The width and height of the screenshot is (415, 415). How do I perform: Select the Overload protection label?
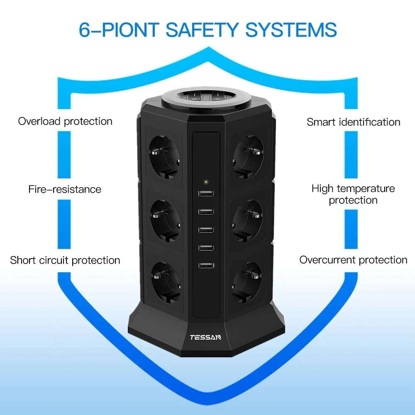[x=65, y=121]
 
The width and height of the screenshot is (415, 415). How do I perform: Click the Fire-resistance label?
[x=65, y=189]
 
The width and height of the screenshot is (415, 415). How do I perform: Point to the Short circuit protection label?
[x=65, y=260]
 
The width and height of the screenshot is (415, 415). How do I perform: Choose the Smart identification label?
[x=354, y=122]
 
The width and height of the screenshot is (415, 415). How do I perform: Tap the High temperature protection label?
[x=353, y=194]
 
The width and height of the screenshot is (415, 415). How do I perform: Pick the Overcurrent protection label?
[x=354, y=260]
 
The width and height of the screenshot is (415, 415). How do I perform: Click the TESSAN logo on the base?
[x=205, y=337]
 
